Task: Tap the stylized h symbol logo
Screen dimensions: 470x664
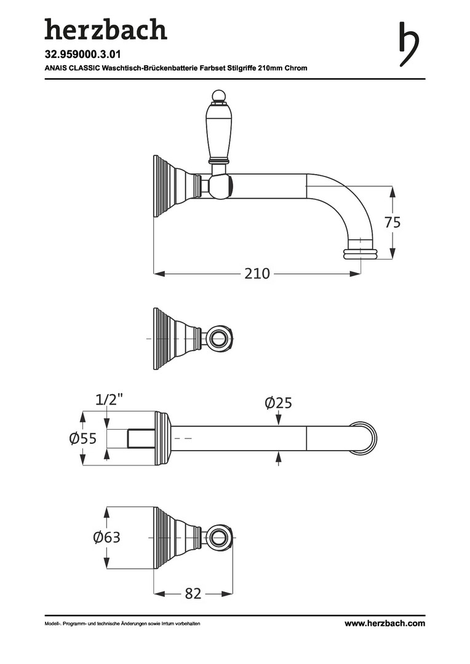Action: (x=409, y=44)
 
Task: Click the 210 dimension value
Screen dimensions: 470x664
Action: (x=257, y=274)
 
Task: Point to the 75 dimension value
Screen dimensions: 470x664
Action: (x=392, y=223)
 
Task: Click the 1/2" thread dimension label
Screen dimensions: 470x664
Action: (x=109, y=400)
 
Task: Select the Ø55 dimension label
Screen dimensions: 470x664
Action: (x=83, y=438)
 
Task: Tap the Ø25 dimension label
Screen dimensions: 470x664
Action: (x=279, y=403)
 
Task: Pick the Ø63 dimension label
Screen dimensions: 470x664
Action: (x=107, y=537)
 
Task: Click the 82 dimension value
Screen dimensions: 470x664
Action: (x=193, y=594)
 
